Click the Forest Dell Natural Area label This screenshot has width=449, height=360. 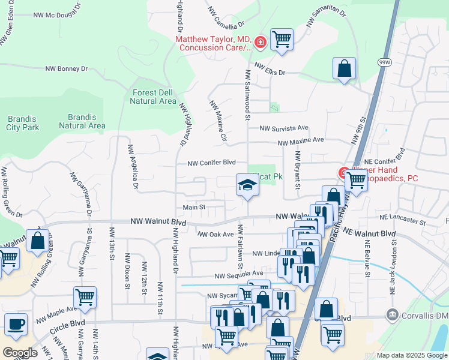coord(153,97)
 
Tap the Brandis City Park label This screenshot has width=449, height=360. coord(23,122)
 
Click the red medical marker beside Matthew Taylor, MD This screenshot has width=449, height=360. coord(261,41)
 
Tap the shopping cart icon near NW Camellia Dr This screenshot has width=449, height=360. coord(282,40)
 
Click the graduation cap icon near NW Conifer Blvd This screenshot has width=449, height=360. coord(247,185)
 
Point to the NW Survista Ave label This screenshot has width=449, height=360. coord(284,128)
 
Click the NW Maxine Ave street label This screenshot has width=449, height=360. coord(300,140)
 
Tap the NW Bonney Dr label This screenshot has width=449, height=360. coord(67,69)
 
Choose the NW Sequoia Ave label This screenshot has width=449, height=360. coord(240,274)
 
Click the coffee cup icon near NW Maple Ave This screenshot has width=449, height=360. coord(16,325)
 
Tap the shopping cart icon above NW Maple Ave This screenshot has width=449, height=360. coord(85,296)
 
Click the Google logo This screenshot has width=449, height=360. coord(20,353)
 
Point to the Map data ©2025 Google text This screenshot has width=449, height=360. coord(411,355)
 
